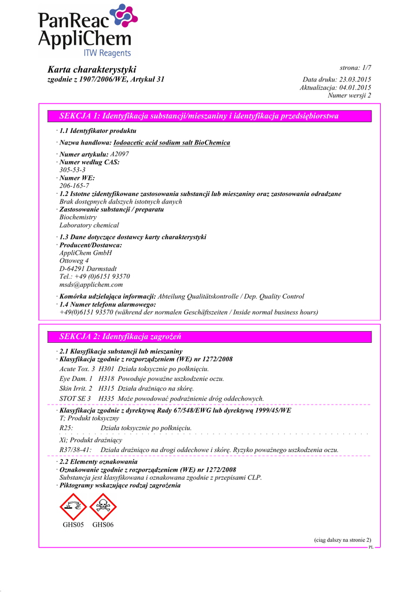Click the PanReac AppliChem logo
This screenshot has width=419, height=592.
87,31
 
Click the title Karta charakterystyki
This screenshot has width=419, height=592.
91,69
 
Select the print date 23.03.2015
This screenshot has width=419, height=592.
355,79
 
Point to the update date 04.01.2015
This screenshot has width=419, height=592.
355,87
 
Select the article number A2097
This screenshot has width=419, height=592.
120,154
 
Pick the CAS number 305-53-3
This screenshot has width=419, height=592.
72,170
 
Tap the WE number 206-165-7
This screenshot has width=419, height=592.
74,186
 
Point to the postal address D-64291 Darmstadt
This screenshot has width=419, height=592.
88,268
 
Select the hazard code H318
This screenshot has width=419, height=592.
106,379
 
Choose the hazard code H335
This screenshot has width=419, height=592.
106,398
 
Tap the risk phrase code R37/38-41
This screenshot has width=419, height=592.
75,449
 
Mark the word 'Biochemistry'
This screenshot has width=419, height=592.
78,217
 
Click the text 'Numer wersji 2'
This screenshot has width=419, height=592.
350,95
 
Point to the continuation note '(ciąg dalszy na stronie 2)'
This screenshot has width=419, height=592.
343,539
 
